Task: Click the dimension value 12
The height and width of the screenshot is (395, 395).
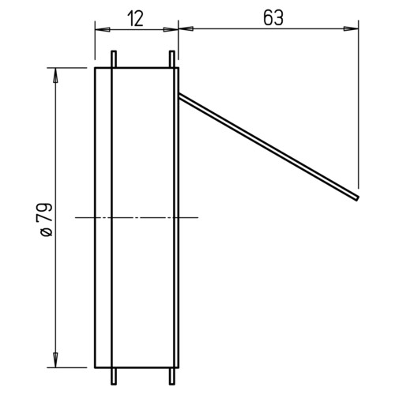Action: click(135, 19)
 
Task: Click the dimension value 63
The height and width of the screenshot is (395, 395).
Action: click(273, 18)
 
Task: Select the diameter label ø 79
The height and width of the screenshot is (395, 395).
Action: click(47, 220)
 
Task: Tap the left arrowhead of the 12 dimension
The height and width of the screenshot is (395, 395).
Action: click(103, 29)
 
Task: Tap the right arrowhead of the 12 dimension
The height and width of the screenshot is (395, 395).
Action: click(171, 29)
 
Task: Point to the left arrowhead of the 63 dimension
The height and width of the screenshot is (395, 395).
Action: click(186, 28)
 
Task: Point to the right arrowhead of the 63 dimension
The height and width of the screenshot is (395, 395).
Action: click(351, 28)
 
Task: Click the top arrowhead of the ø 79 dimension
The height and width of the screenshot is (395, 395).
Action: click(55, 75)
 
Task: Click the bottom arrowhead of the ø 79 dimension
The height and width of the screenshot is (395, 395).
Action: click(55, 360)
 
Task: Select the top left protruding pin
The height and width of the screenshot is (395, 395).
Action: click(114, 59)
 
